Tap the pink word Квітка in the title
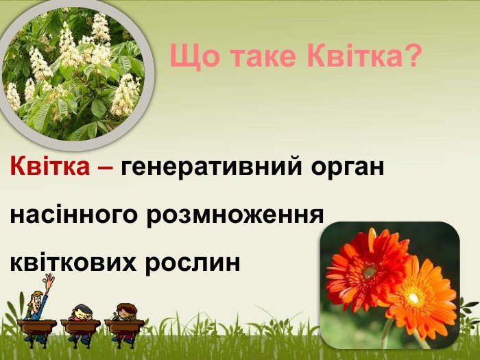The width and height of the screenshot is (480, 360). pyautogui.click(x=354, y=55)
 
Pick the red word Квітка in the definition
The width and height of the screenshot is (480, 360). pyautogui.click(x=50, y=166)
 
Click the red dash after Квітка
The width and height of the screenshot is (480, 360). pyautogui.click(x=106, y=168)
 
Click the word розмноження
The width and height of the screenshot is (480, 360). pyautogui.click(x=235, y=216)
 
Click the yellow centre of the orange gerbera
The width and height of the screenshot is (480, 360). pyautogui.click(x=413, y=298)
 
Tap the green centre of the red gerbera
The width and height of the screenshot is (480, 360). pyautogui.click(x=370, y=272)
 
